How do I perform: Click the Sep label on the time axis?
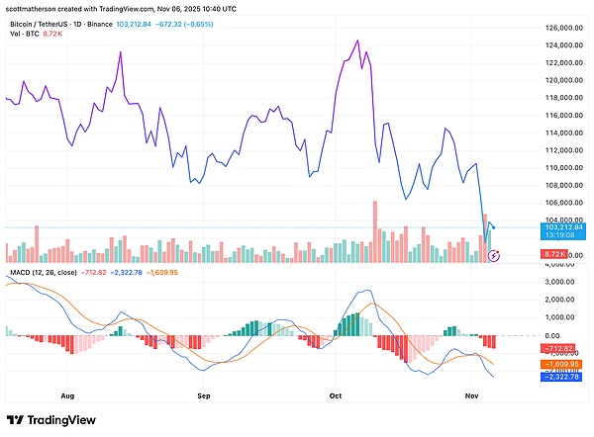[204, 393]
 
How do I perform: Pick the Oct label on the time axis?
[336, 393]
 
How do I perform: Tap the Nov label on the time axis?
[471, 393]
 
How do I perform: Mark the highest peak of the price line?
[355, 41]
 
